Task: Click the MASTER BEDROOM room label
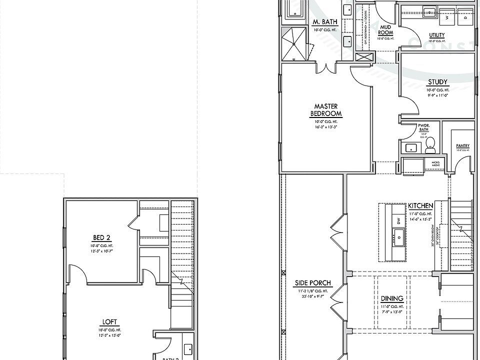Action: (x=325, y=110)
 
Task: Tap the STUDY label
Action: (x=437, y=82)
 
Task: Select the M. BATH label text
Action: (x=325, y=22)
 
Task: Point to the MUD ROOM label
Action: (x=385, y=29)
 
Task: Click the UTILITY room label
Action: (x=437, y=35)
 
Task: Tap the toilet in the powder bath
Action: (x=430, y=146)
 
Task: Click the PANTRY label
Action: (x=462, y=146)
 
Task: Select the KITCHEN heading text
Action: (x=420, y=206)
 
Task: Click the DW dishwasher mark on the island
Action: (x=398, y=220)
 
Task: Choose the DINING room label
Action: (x=392, y=298)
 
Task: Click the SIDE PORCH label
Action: (x=312, y=283)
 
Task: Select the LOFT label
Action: (x=109, y=322)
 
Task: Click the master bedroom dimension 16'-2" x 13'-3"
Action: (x=325, y=127)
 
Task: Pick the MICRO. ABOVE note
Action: (x=436, y=164)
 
